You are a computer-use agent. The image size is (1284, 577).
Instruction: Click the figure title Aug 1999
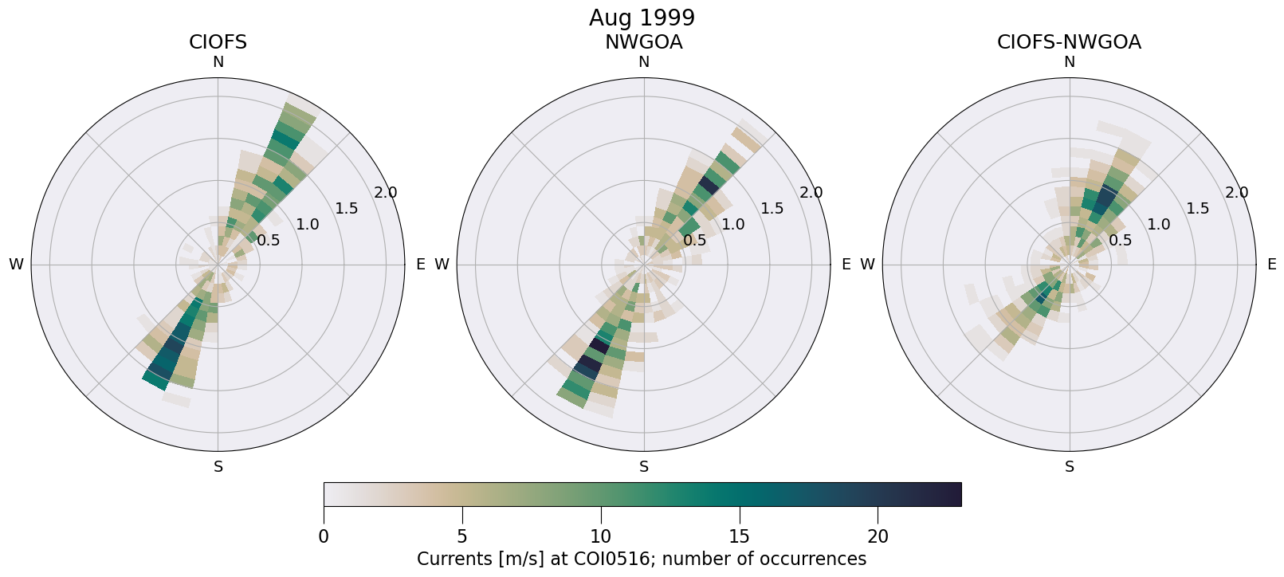[x=642, y=18]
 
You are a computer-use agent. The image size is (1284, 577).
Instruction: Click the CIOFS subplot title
[x=218, y=42]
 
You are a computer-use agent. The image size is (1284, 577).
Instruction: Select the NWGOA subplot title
[x=643, y=42]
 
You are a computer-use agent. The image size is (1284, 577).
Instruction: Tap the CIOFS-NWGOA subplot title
[x=1069, y=42]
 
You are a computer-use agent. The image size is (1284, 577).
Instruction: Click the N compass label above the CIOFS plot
[x=218, y=62]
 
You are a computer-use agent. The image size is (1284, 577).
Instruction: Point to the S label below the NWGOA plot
[x=643, y=467]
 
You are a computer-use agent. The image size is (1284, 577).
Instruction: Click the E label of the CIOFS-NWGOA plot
[x=1272, y=265]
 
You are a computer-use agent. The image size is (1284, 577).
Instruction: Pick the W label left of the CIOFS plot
[x=16, y=265]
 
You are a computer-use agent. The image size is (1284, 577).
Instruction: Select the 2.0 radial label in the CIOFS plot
[x=386, y=192]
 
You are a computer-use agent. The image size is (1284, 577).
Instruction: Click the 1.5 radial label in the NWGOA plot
[x=772, y=208]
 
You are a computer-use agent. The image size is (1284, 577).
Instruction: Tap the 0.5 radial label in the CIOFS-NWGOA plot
[x=1120, y=240]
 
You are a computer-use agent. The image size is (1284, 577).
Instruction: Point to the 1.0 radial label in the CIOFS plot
[x=307, y=224]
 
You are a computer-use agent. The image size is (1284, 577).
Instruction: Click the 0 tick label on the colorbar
[x=324, y=536]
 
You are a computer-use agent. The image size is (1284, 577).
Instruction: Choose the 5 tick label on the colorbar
[x=462, y=536]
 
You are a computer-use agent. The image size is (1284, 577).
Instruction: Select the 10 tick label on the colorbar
[x=600, y=536]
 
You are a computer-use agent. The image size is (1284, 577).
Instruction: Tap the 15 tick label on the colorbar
[x=739, y=536]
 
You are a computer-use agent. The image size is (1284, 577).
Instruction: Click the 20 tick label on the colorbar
[x=878, y=536]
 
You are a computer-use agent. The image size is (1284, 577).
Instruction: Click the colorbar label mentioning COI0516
[x=642, y=559]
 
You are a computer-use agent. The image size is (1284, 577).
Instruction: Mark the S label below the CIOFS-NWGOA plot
[x=1069, y=467]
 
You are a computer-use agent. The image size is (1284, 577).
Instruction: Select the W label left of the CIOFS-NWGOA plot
[x=867, y=265]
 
